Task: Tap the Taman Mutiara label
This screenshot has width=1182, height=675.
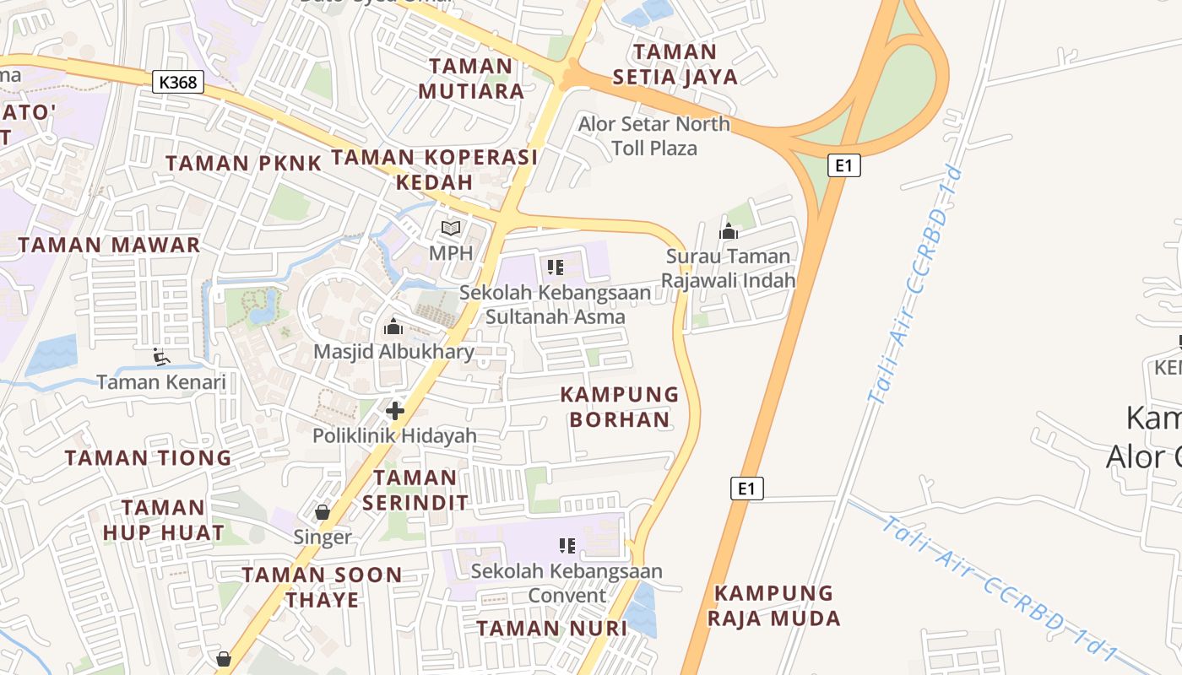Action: tap(471, 78)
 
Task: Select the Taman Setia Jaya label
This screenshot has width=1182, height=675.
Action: tap(675, 64)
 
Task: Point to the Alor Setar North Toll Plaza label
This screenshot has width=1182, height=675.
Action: tap(654, 136)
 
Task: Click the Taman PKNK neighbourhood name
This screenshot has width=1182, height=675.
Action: tap(243, 163)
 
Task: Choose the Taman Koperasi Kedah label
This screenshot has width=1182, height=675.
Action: tap(434, 170)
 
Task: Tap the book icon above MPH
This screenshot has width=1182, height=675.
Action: tap(452, 228)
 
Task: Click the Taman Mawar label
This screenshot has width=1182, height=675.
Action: tap(109, 246)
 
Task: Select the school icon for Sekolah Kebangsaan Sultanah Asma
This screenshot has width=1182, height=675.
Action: tap(555, 267)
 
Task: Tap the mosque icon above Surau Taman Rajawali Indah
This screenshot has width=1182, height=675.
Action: tap(728, 231)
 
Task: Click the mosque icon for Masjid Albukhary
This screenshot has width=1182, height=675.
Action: tap(393, 327)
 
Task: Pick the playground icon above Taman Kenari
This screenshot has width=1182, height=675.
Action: tap(160, 357)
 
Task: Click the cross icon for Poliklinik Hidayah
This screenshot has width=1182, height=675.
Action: tap(394, 411)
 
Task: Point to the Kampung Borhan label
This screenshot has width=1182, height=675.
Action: tap(620, 407)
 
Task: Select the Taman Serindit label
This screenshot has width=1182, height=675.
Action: tap(415, 490)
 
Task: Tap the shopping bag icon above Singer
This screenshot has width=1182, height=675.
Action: tap(322, 511)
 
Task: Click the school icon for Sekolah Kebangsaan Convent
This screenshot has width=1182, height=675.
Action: tap(567, 546)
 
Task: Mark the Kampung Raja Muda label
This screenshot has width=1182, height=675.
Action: tap(773, 606)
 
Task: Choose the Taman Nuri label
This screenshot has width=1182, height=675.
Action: tap(551, 629)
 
